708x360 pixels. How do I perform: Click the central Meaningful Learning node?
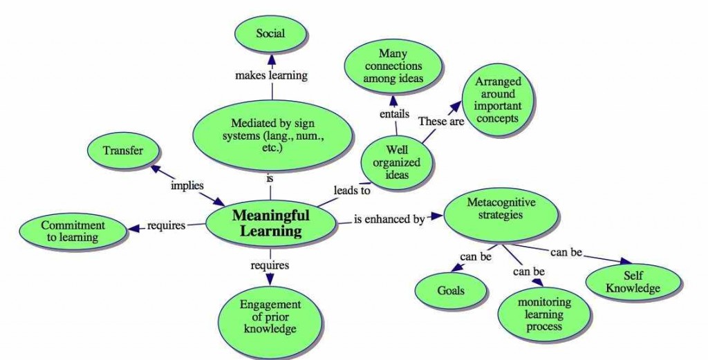click(271, 222)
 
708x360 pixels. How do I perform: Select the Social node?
click(270, 34)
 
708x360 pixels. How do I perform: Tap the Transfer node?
click(123, 151)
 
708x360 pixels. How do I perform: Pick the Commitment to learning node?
click(73, 231)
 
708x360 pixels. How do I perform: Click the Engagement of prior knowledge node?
click(270, 316)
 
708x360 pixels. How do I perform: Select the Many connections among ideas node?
click(393, 66)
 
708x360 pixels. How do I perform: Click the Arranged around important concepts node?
click(497, 100)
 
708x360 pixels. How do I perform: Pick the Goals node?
click(451, 290)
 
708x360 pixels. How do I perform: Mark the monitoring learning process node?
click(544, 314)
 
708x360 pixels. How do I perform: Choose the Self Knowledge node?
click(633, 282)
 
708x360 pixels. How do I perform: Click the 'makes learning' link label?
click(271, 75)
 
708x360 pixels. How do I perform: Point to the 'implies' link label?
click(187, 186)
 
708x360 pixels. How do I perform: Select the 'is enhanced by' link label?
click(389, 220)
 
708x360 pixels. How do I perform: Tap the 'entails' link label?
click(394, 113)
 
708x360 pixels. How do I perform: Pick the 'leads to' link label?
click(352, 190)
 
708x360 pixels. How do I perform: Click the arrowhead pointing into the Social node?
click(271, 59)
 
